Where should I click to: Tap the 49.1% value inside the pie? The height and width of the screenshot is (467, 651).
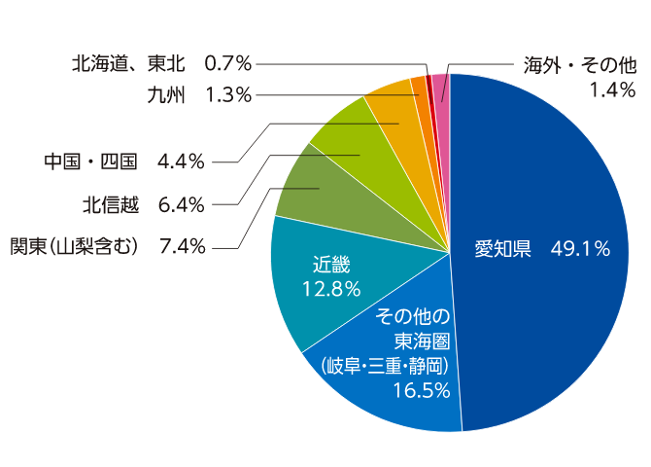click(x=580, y=249)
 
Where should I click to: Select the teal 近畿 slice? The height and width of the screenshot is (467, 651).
click(x=321, y=292)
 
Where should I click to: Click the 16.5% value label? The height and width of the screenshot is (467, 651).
click(x=421, y=391)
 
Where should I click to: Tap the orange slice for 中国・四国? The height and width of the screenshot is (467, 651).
click(x=394, y=107)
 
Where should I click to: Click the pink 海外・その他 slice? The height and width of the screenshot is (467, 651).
click(x=441, y=88)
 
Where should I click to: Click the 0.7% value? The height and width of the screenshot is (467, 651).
click(x=228, y=64)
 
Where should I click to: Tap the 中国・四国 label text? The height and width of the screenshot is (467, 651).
click(x=92, y=161)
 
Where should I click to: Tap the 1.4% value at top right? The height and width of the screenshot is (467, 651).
click(x=612, y=90)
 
